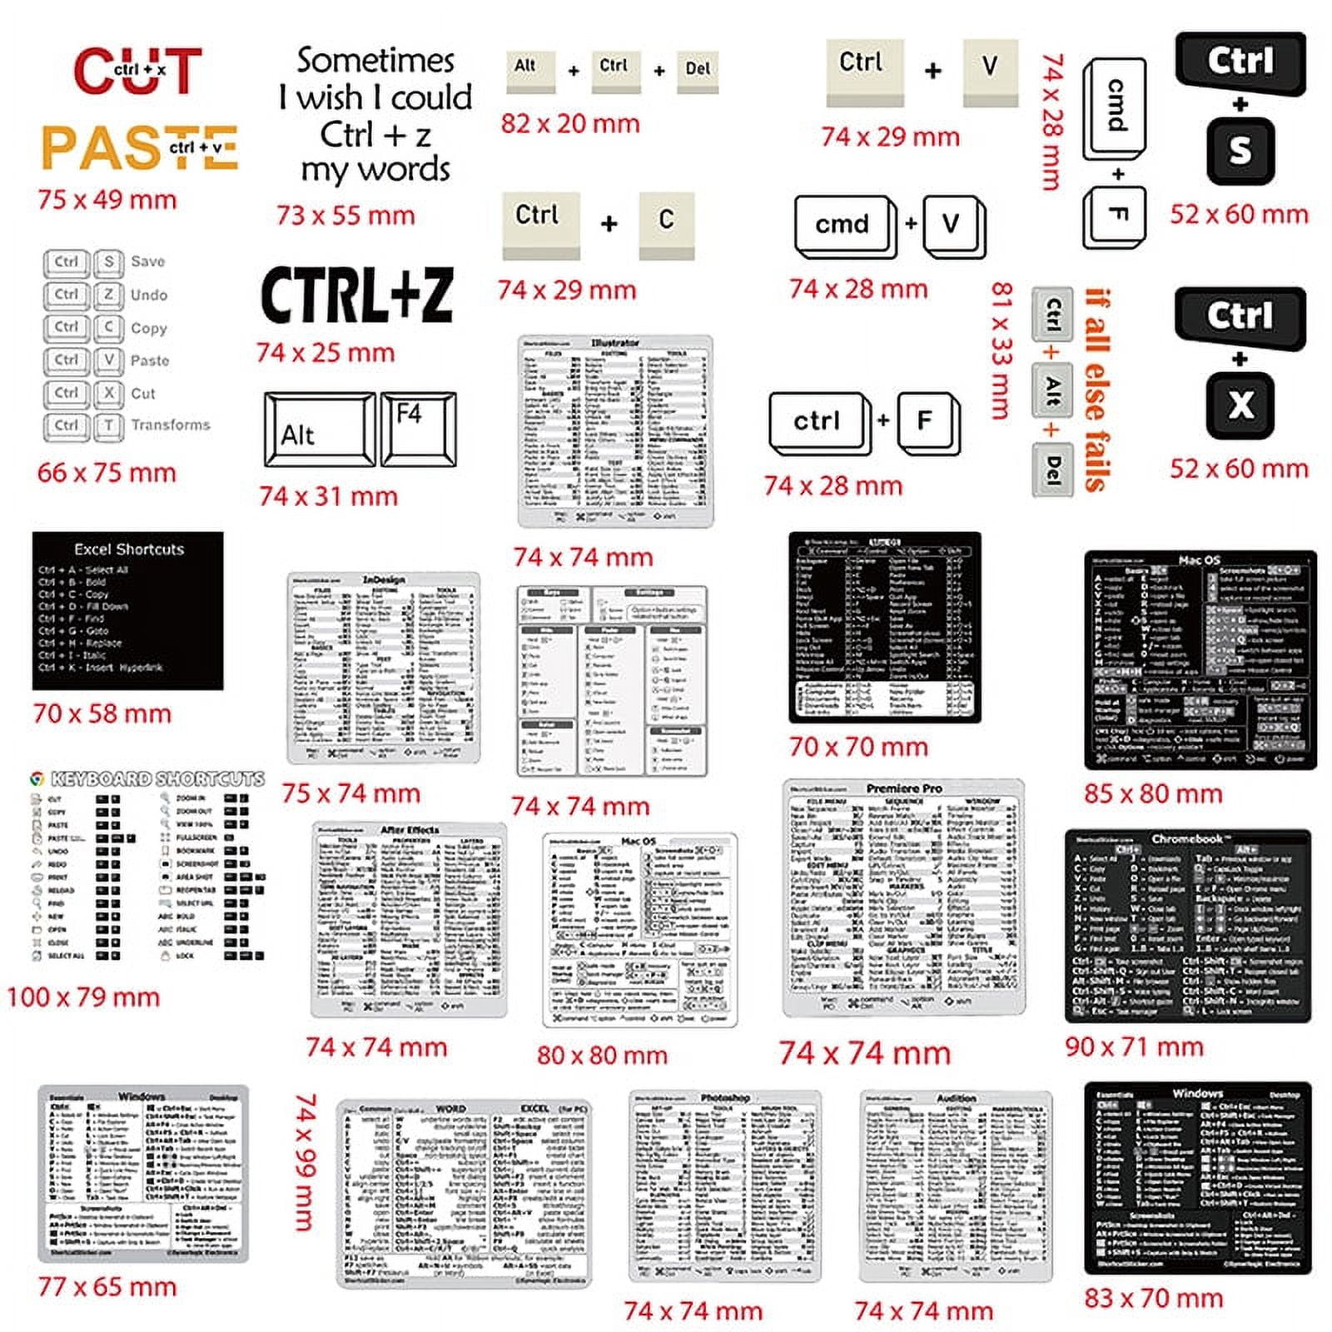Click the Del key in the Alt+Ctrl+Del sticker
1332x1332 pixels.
tap(698, 70)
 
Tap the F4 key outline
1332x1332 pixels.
tap(418, 428)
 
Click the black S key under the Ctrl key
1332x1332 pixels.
tap(1240, 152)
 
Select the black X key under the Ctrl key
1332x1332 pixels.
tap(1240, 406)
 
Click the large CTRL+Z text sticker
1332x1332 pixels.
tap(357, 296)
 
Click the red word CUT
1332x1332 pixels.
tap(137, 71)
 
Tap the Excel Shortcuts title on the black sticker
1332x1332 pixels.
tap(129, 549)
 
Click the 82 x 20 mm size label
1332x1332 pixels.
tap(570, 124)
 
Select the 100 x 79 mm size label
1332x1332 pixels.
tap(83, 997)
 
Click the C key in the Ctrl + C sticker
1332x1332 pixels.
tap(666, 221)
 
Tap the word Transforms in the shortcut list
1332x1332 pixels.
tap(171, 425)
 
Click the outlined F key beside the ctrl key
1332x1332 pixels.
tap(926, 421)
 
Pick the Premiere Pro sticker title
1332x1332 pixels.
tap(904, 788)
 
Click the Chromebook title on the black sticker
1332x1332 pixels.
tap(1187, 839)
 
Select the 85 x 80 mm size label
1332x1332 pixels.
tap(1153, 793)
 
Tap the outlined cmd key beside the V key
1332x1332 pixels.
tap(842, 225)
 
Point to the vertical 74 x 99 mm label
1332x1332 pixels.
tap(306, 1162)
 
